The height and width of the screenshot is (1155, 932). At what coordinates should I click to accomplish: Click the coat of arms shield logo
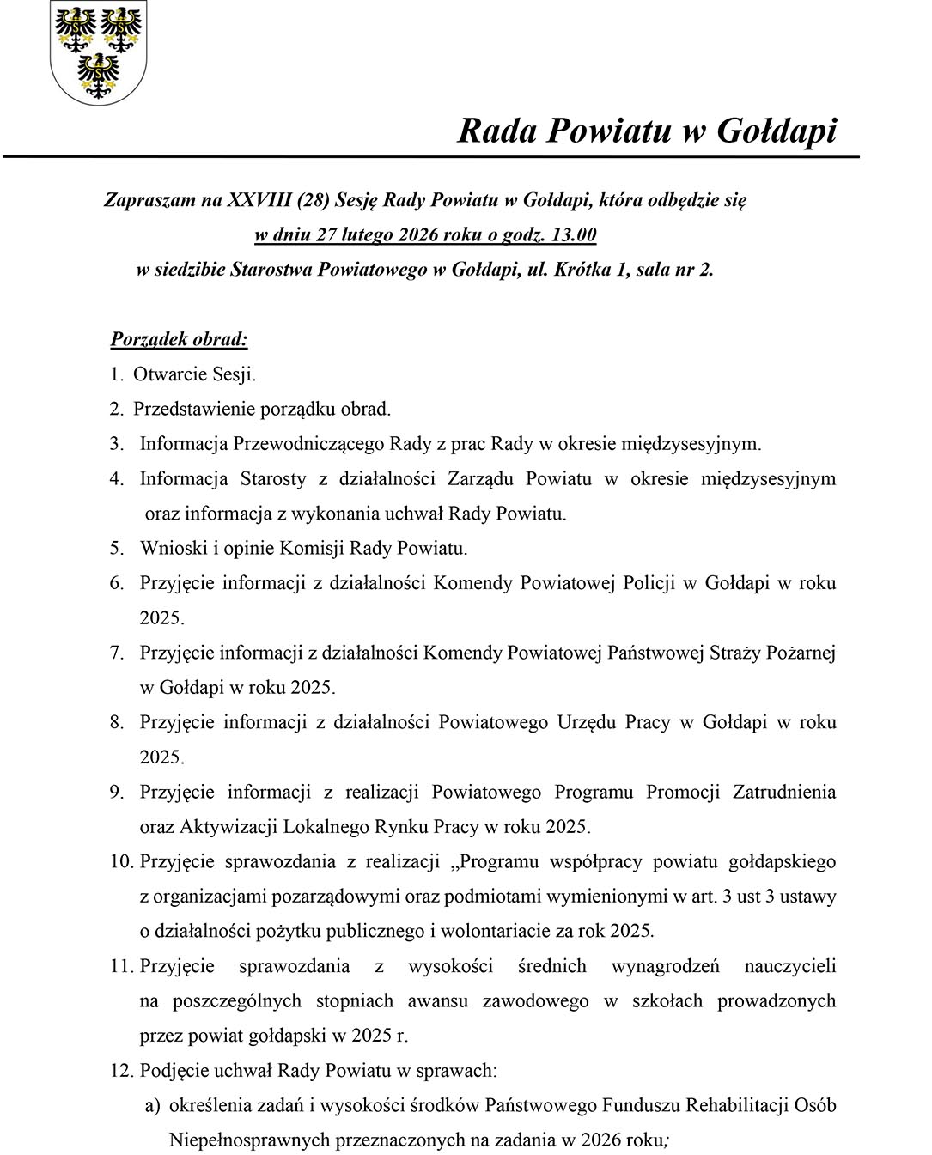(x=99, y=52)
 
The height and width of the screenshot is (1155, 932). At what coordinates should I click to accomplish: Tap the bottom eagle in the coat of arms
(x=98, y=76)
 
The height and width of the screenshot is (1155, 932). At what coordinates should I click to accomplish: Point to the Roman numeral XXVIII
(x=259, y=200)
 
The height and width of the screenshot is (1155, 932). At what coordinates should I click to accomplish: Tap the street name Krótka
(x=582, y=269)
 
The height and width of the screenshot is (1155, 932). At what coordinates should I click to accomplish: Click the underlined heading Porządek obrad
(x=179, y=338)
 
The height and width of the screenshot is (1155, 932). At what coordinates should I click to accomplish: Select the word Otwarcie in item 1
(x=170, y=374)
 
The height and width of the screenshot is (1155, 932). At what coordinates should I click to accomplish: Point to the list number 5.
(x=117, y=548)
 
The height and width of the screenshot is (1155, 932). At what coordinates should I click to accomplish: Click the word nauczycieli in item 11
(x=789, y=966)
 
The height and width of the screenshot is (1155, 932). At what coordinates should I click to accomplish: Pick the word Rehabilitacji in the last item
(x=735, y=1106)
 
